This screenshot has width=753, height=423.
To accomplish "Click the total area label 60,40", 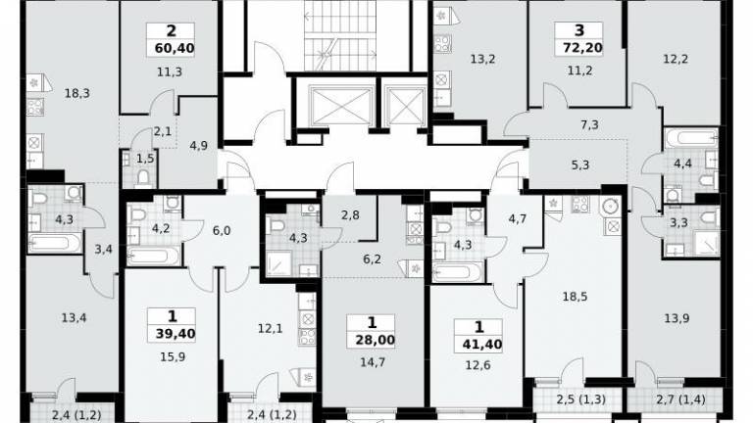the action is pos(175,48).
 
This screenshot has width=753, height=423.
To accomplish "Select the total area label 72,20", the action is pos(583,48).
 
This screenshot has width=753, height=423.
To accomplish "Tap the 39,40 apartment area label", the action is pos(176,333).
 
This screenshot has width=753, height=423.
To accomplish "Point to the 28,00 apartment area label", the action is pos(376,340).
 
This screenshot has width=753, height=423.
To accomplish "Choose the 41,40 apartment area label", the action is pos(482,344).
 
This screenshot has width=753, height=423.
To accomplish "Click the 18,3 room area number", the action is pos(77,94).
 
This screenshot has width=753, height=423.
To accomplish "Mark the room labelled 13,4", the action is pos(74,317).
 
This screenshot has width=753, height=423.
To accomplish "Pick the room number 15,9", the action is pos(173,356).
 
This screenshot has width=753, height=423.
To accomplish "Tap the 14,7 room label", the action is pos(373,362).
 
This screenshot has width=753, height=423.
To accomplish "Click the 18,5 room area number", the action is pos(575,297).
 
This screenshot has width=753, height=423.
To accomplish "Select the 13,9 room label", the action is pos(678,318).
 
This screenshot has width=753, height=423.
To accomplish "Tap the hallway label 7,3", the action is pos(589,124).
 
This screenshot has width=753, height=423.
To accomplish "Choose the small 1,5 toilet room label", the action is pos(145,159).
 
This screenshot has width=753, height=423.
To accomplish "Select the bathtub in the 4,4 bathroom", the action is pos(690,140).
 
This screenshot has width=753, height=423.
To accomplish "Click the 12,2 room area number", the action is pos(676,59).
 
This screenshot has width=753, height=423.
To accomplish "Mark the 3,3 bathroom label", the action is pos(678,222).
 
